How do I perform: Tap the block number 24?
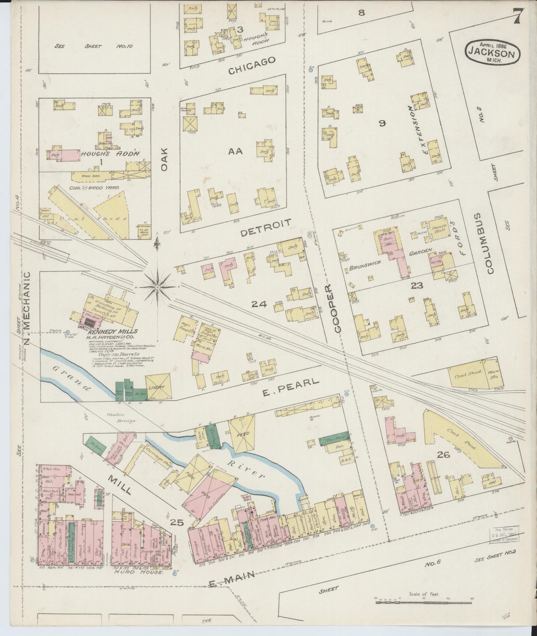point(259,304)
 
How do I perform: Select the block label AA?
point(235,151)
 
